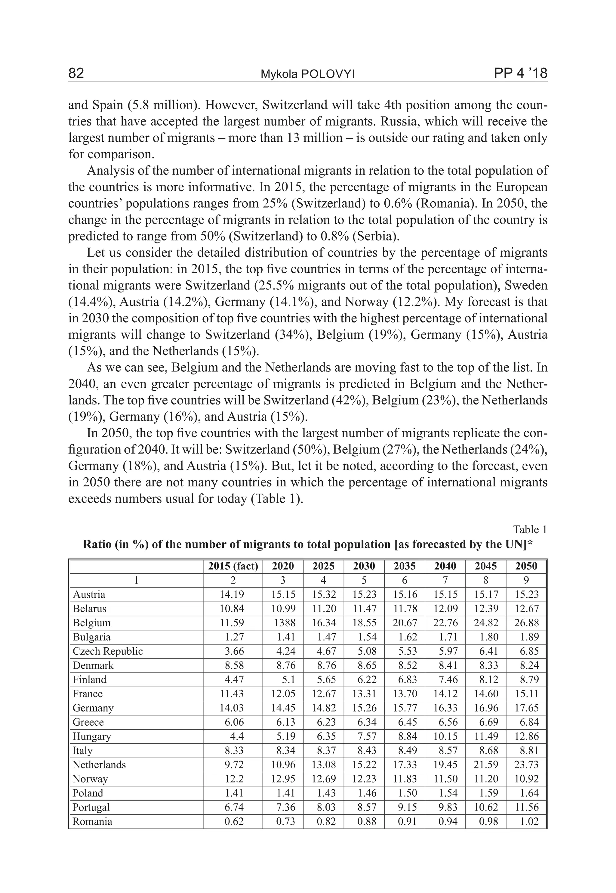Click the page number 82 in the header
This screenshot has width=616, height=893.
[x=76, y=73]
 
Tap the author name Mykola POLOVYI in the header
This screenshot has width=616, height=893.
[x=308, y=74]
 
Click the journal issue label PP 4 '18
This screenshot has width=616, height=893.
[x=520, y=73]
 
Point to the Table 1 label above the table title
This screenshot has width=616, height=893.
[x=530, y=529]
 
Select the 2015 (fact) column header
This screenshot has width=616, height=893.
[x=233, y=566]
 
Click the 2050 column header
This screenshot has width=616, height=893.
[x=526, y=566]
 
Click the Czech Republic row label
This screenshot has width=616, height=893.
[x=108, y=651]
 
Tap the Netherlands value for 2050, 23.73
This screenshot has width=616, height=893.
[x=526, y=765]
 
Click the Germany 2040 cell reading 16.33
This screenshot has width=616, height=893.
[x=445, y=708]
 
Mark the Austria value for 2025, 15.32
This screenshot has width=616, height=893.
[x=323, y=594]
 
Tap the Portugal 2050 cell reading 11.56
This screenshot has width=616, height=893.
[x=526, y=807]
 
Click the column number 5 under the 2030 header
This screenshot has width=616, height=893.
[x=364, y=581]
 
